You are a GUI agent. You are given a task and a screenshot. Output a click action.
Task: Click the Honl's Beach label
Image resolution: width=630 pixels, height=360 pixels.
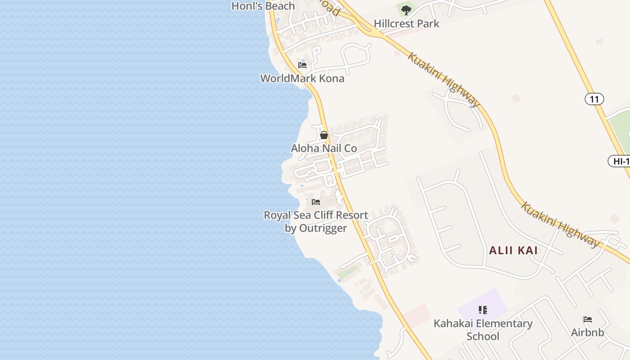(263, 6)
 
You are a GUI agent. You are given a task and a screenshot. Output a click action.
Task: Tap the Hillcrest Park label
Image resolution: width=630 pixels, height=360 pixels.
(406, 24)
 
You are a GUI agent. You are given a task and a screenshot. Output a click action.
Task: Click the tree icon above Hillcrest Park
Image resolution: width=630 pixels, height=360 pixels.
(406, 10)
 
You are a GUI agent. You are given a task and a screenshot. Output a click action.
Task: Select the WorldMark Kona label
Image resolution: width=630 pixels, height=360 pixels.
(302, 78)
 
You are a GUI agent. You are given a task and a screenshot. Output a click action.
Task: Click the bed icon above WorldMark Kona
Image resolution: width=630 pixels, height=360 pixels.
(302, 65)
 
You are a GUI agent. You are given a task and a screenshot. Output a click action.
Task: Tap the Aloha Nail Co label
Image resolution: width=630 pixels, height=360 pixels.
(324, 148)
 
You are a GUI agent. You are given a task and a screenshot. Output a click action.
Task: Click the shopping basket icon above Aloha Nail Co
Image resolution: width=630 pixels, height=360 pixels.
(324, 135)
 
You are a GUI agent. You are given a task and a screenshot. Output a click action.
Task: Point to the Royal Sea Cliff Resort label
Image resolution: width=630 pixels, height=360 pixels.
(315, 216)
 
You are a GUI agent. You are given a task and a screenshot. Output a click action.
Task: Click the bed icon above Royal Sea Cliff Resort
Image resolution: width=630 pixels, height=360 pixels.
(316, 202)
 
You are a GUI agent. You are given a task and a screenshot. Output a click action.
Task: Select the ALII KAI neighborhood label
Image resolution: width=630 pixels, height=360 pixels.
(513, 250)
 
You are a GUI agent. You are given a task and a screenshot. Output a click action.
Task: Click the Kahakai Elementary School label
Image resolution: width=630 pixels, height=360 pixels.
(483, 329)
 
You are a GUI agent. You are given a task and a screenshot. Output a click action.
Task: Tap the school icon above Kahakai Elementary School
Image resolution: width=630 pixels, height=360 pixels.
(483, 310)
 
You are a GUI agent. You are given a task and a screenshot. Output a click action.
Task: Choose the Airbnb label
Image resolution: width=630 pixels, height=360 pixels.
(587, 333)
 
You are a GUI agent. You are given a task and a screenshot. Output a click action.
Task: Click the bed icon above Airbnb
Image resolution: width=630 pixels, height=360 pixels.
(587, 320)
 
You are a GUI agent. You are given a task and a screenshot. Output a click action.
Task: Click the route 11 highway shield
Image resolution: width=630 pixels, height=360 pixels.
(594, 99)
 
